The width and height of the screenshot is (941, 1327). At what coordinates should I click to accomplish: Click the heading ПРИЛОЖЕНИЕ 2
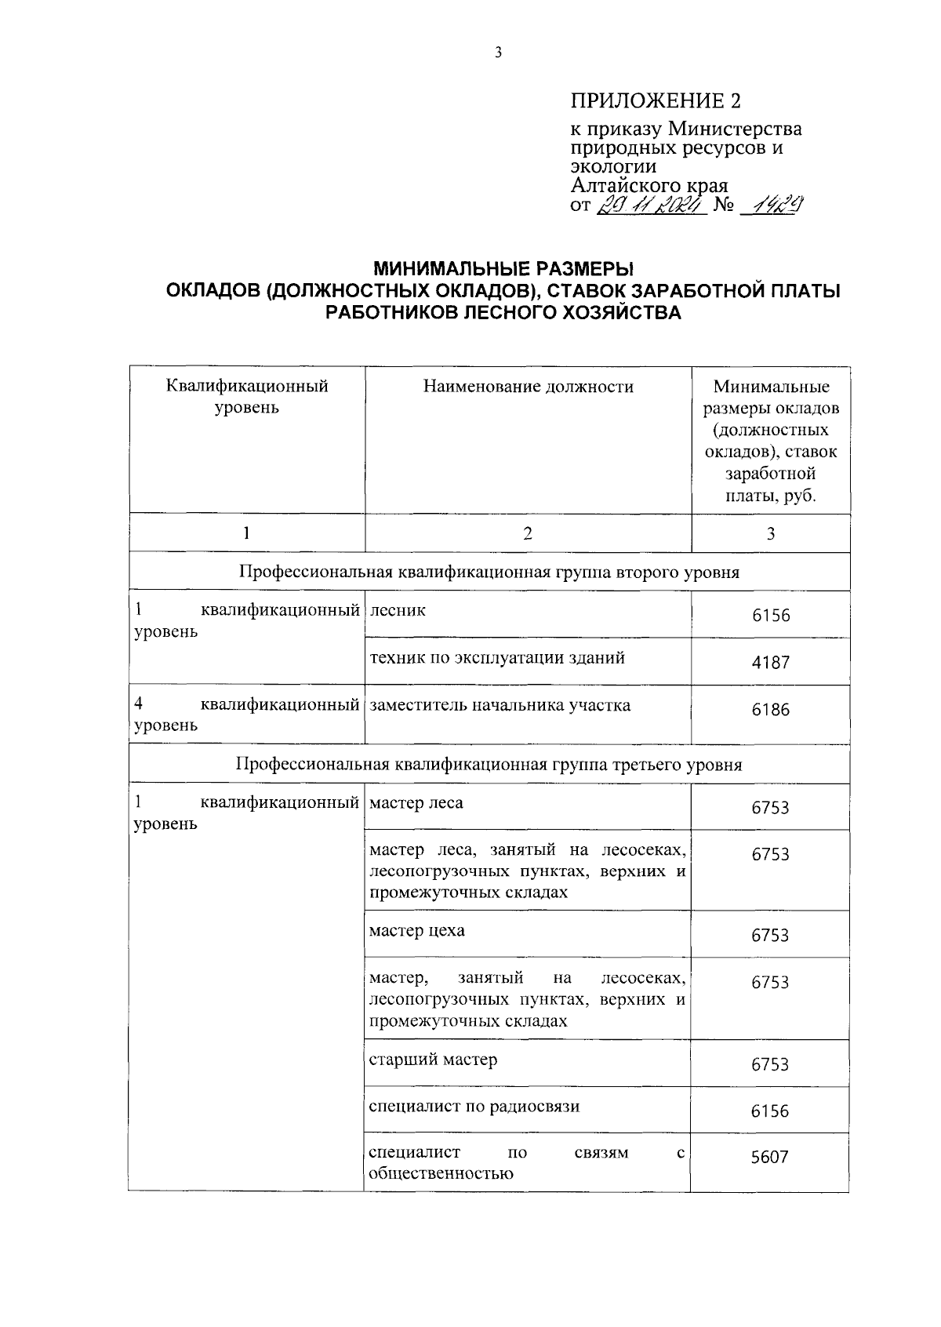(x=656, y=100)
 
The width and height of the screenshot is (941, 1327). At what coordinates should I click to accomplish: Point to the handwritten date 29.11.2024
(x=652, y=205)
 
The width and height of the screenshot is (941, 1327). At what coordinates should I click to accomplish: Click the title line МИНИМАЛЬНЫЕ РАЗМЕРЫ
(x=502, y=269)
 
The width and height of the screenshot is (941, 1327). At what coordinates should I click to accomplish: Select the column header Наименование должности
(x=528, y=386)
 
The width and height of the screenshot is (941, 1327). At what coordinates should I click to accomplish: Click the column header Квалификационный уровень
(x=247, y=397)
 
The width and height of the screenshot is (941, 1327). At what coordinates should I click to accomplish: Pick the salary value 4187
(x=771, y=662)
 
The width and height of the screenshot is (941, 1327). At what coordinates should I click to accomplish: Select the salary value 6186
(x=771, y=710)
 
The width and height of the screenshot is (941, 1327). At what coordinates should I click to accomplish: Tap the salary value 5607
(x=769, y=1157)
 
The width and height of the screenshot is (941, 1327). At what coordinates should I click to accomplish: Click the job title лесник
(x=398, y=610)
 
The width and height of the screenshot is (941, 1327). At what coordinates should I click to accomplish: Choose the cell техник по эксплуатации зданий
(x=497, y=658)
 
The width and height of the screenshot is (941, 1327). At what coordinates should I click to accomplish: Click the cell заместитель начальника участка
(x=500, y=705)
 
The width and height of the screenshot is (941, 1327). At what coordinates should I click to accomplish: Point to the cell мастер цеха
(x=416, y=931)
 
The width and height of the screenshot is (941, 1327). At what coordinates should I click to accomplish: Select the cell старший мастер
(x=433, y=1060)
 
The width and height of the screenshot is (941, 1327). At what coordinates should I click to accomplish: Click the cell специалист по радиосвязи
(x=474, y=1107)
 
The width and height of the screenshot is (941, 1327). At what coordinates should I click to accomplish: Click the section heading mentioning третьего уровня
(x=489, y=765)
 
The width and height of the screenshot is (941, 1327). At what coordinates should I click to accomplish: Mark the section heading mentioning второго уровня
(x=489, y=572)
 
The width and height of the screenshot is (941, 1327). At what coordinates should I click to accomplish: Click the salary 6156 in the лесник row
(x=771, y=616)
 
